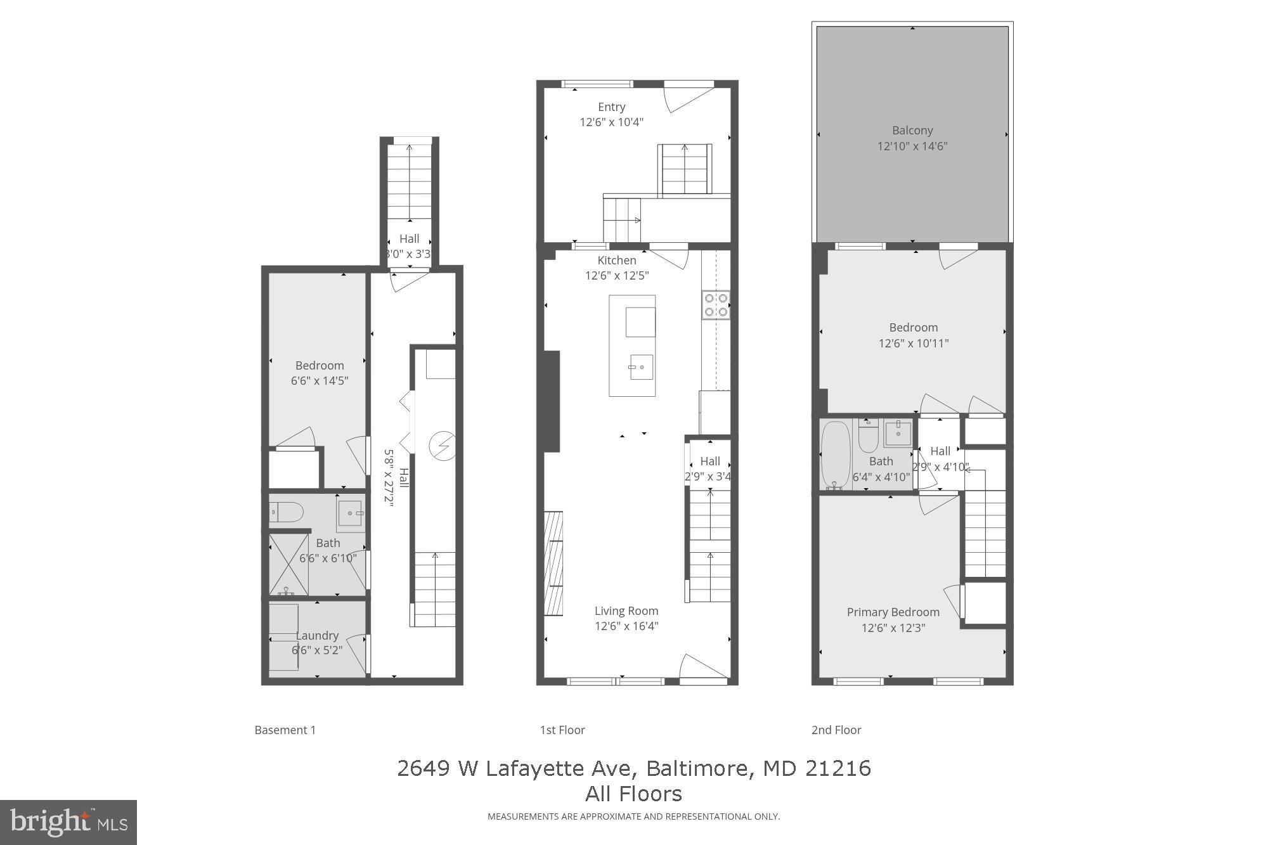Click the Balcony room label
[x=912, y=131]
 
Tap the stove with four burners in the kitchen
[x=716, y=304]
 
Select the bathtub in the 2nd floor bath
[x=835, y=455]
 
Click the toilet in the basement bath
[x=287, y=512]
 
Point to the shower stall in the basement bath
[x=288, y=564]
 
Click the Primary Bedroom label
[x=893, y=612]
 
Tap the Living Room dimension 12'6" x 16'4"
[x=626, y=626]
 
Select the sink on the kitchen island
[x=640, y=367]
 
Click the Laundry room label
[x=317, y=635]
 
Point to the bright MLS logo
[x=68, y=822]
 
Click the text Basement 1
[x=285, y=730]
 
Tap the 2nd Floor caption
[x=836, y=730]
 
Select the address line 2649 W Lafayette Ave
[x=633, y=768]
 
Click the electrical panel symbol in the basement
[x=442, y=446]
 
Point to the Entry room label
[x=611, y=107]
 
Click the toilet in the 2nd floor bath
[x=868, y=434]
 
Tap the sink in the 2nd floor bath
[x=898, y=434]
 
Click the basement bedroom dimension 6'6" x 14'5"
[x=320, y=381]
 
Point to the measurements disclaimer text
[x=633, y=816]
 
